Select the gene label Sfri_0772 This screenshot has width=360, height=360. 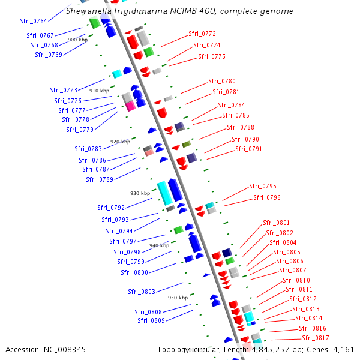tap(202, 34)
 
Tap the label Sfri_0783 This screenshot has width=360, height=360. tap(88, 149)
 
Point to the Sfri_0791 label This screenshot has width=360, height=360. tap(248, 149)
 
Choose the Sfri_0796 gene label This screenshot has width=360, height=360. tap(266, 197)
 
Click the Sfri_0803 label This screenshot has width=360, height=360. tap(142, 292)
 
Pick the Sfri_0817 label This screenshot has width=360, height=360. tap(315, 338)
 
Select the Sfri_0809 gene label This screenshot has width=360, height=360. tap(151, 320)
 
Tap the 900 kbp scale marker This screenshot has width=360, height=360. tap(77, 40)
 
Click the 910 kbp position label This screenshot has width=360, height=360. tap(99, 91)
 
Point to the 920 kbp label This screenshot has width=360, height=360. tap(120, 142)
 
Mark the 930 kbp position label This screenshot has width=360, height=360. tap(140, 193)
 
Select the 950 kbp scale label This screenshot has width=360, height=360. tap(178, 298)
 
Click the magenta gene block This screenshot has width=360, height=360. tap(130, 106)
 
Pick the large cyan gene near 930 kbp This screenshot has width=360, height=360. tap(164, 192)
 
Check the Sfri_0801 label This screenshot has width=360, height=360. tap(276, 223)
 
